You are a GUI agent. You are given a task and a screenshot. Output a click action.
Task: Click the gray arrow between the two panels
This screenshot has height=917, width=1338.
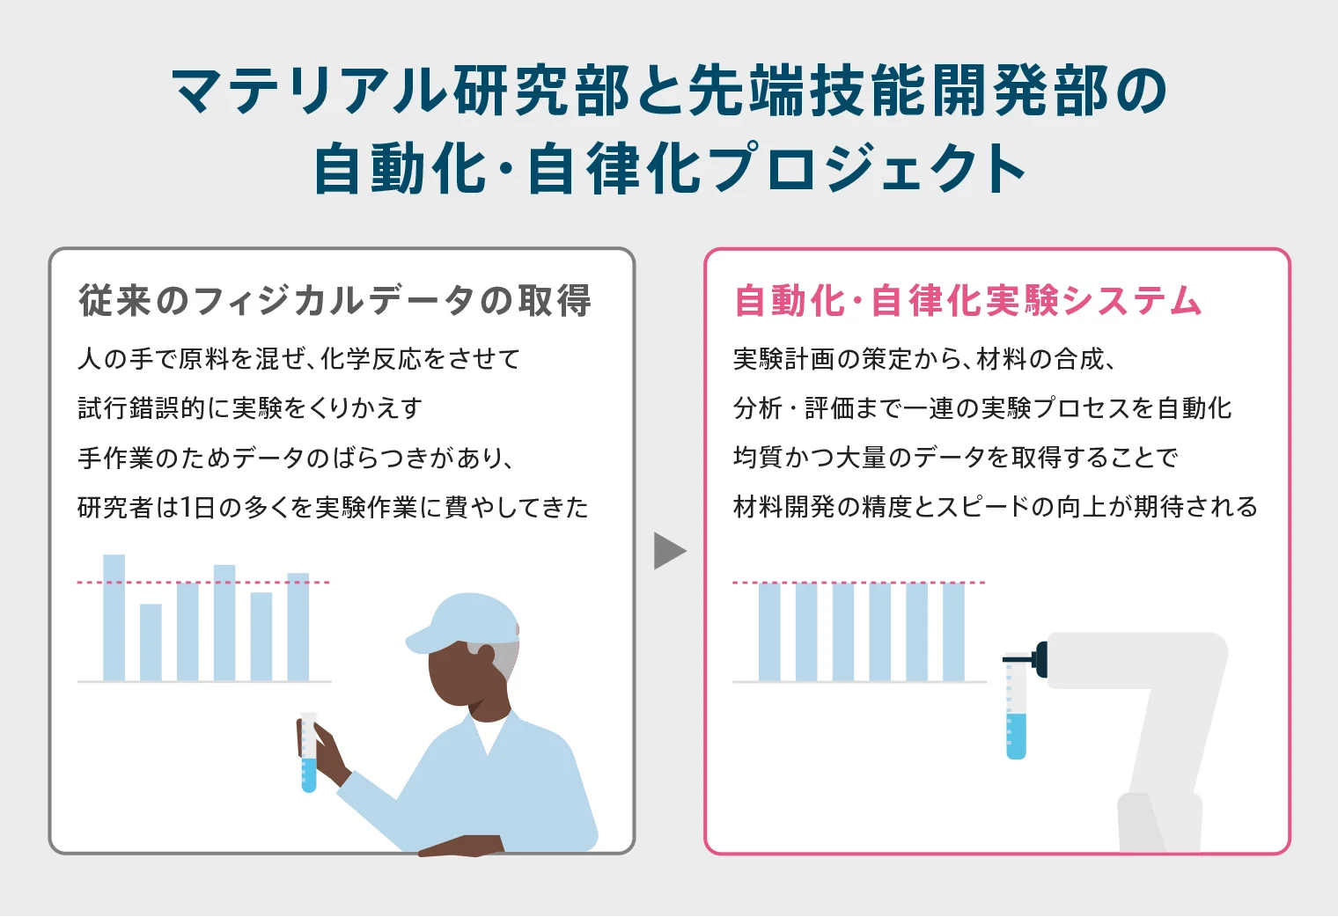[668, 552]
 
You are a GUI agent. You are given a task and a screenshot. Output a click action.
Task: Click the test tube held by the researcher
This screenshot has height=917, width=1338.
[308, 753]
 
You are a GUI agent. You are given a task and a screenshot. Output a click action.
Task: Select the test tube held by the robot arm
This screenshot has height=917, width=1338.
[1016, 708]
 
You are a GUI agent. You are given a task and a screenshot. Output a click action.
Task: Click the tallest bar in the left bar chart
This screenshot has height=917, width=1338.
[114, 617]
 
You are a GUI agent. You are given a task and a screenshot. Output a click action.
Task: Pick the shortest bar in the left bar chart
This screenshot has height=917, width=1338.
[151, 642]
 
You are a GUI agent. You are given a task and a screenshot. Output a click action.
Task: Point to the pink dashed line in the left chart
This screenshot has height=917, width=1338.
[202, 583]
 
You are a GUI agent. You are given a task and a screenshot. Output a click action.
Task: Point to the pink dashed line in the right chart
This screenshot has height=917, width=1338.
[858, 583]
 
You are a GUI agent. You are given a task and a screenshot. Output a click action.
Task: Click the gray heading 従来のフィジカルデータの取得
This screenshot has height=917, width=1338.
[334, 301]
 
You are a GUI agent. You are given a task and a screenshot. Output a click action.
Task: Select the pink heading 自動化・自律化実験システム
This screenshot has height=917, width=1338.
[967, 301]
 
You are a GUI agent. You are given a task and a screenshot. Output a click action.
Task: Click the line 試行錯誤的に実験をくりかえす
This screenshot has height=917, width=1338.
[250, 408]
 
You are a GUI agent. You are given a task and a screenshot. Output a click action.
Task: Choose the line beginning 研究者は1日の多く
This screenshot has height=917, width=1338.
[333, 508]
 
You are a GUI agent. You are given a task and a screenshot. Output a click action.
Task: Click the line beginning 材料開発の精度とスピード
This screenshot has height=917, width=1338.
[995, 508]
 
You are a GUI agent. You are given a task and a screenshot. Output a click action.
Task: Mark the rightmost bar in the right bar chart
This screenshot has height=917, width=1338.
[953, 631]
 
